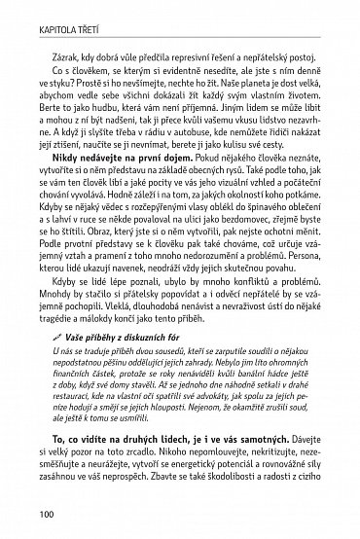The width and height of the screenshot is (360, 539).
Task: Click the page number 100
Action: click(20, 517)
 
